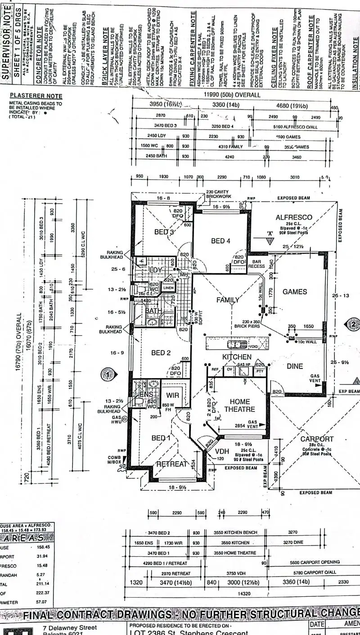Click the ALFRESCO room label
click(294, 217)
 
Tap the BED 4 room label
click(220, 241)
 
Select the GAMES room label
click(295, 292)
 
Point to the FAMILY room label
click(228, 300)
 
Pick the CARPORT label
click(317, 439)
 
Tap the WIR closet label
click(173, 395)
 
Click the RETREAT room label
click(171, 464)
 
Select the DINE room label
click(295, 366)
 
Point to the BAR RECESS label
click(256, 264)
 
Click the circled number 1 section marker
click(107, 374)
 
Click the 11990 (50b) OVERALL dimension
click(232, 95)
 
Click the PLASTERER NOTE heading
click(36, 96)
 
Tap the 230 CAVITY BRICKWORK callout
click(218, 194)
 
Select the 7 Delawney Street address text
click(69, 627)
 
